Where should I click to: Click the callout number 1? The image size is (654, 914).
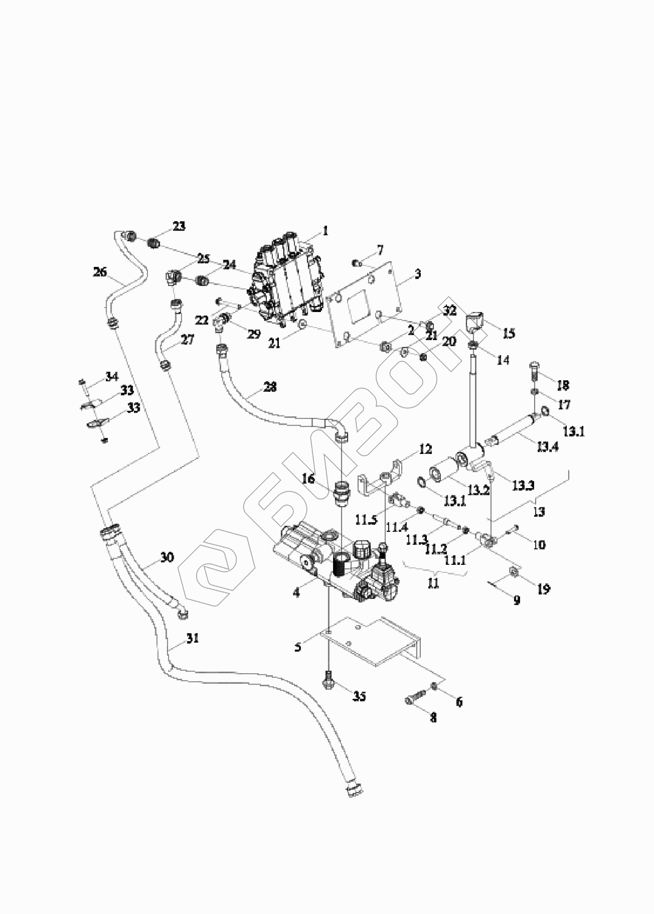click(325, 231)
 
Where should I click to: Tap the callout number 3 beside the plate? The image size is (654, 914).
click(418, 273)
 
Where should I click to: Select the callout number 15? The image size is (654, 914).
click(508, 333)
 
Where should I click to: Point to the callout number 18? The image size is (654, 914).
click(564, 384)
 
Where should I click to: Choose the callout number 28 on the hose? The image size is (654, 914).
click(270, 386)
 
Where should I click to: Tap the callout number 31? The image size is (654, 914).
click(192, 638)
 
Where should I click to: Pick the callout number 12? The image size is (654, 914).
click(425, 449)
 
